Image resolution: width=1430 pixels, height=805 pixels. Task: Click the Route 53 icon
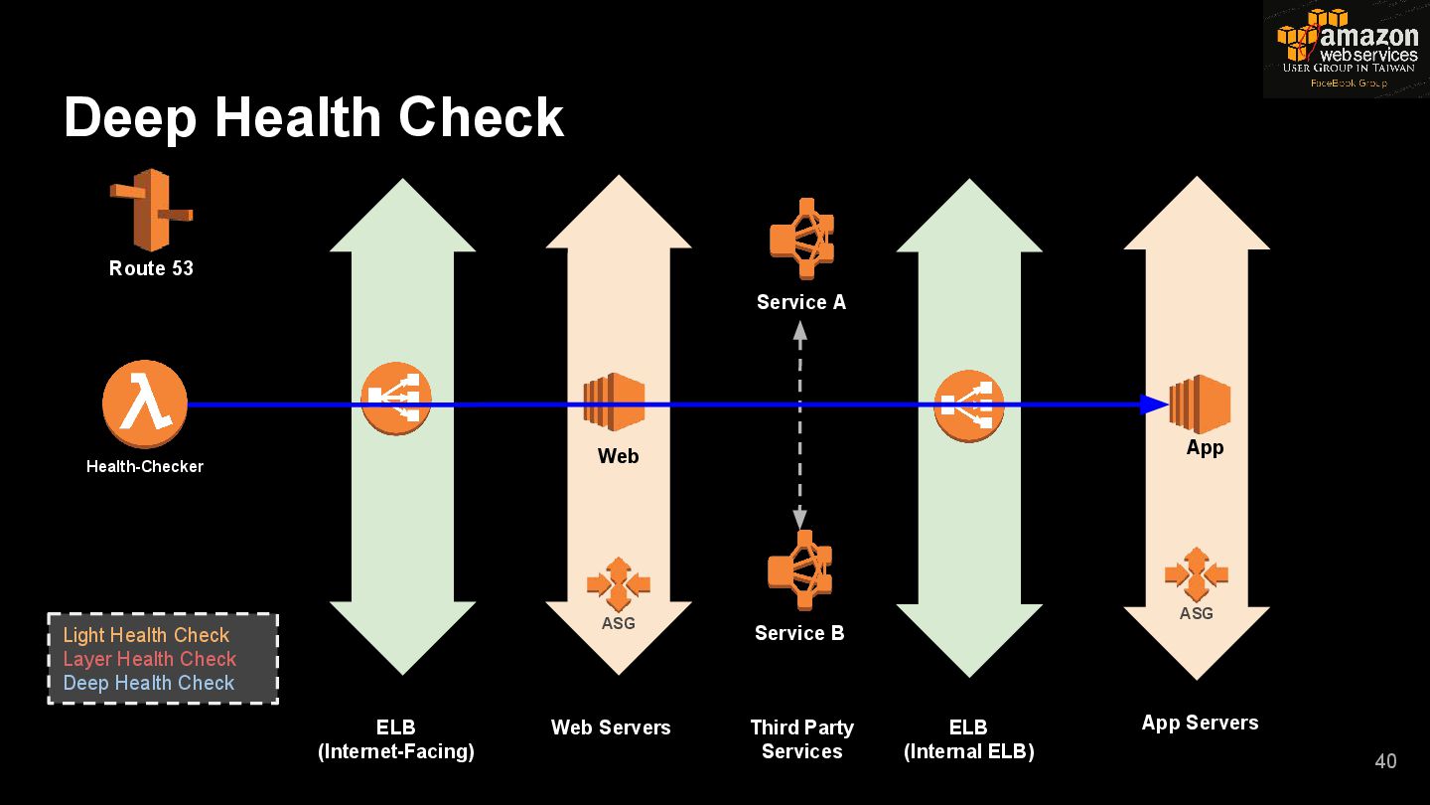click(x=151, y=210)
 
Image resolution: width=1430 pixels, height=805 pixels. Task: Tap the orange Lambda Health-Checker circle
click(x=145, y=404)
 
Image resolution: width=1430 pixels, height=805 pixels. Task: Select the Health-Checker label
click(x=145, y=466)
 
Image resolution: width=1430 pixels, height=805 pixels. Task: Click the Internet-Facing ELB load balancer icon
click(x=395, y=400)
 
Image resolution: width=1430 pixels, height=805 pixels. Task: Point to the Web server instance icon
click(x=614, y=402)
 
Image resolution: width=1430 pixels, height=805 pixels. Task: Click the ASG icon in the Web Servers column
click(x=618, y=584)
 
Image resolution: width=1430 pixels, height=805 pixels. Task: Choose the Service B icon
click(x=799, y=570)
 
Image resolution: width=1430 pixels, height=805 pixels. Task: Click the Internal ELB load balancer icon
click(x=969, y=404)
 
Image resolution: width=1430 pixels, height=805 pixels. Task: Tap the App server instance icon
click(x=1201, y=403)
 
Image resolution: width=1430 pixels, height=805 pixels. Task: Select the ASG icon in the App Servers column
click(x=1197, y=574)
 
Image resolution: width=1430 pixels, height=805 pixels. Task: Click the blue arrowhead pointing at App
click(x=1154, y=404)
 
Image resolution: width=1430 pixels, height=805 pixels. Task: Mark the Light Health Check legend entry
click(x=146, y=635)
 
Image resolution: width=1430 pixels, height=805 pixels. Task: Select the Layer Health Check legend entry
click(x=150, y=659)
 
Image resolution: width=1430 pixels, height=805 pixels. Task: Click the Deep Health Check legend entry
click(x=149, y=683)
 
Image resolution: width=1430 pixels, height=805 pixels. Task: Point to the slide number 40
click(x=1385, y=761)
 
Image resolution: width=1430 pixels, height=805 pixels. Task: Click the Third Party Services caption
click(x=801, y=739)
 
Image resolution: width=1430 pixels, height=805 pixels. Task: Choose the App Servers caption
click(x=1200, y=723)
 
